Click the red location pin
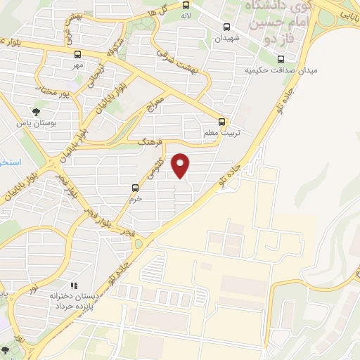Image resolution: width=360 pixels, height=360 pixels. [181, 165]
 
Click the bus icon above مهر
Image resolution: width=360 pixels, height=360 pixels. [77, 53]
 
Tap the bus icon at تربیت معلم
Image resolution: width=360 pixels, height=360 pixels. [223, 121]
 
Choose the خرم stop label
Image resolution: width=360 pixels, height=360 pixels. [136, 199]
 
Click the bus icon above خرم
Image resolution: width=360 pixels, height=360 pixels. [136, 188]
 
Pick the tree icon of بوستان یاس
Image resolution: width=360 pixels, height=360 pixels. [37, 110]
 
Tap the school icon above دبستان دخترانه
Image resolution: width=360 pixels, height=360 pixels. [73, 285]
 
